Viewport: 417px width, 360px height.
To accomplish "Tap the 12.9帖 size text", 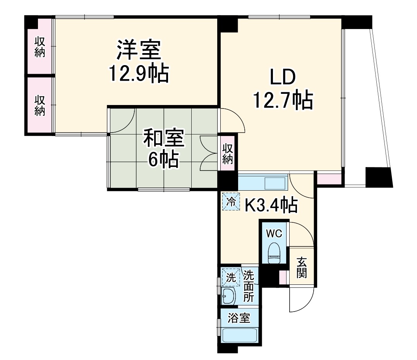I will tap(139, 73).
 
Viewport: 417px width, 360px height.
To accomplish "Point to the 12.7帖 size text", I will tap(283, 100).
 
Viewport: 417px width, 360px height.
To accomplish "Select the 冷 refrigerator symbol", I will tap(231, 202).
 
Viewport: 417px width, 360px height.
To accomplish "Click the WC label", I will tap(274, 233).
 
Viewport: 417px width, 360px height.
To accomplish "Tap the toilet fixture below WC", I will tap(274, 251).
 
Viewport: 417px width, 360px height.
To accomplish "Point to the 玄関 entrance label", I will tap(302, 267).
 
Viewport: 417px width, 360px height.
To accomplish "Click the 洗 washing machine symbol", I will tap(231, 277).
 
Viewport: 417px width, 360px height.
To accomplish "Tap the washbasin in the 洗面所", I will tap(228, 296).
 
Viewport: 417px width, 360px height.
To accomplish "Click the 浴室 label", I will tap(239, 319).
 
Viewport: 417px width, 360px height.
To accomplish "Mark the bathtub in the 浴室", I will tap(239, 334).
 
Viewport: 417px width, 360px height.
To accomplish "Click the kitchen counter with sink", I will tap(262, 182).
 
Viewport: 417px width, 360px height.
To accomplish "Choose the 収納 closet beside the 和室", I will tap(228, 153).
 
